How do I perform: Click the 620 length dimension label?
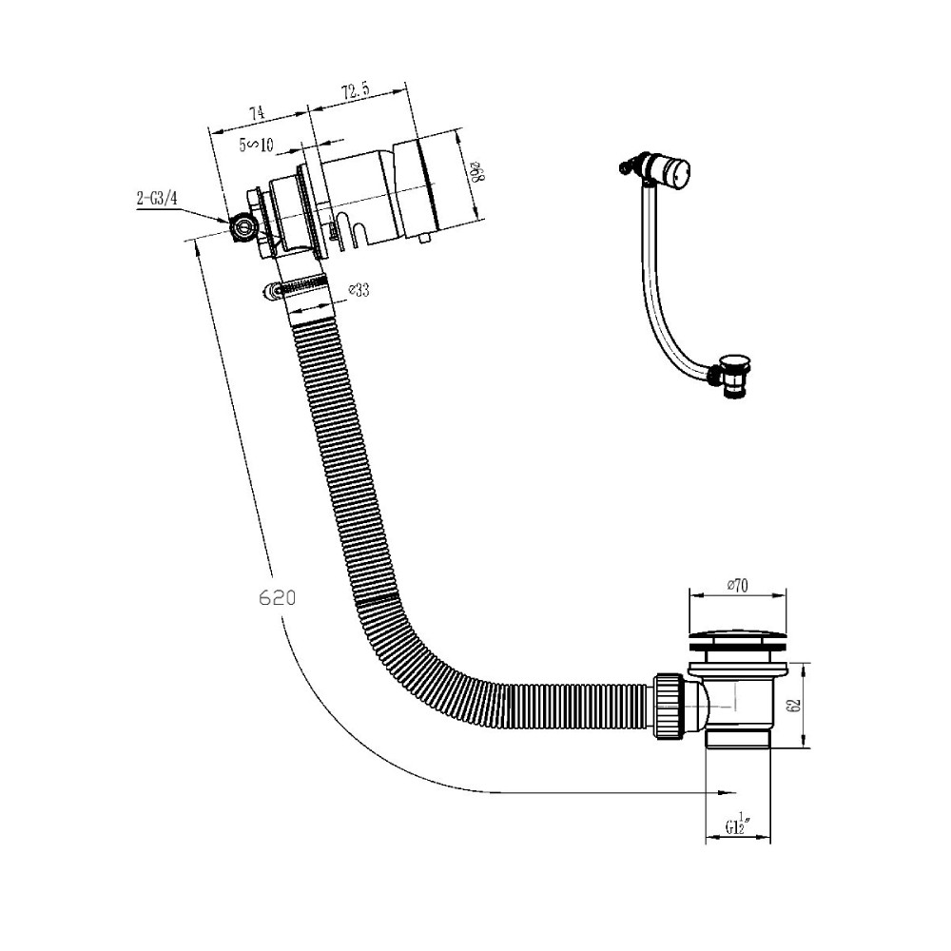tap(277, 597)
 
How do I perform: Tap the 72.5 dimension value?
tap(356, 91)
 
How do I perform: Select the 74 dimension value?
tap(257, 113)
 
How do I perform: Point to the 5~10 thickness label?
tap(257, 145)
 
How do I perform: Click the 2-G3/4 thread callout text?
tap(157, 199)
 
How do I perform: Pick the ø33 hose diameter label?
tap(359, 290)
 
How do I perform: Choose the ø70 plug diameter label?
tap(738, 585)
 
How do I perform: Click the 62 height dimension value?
tap(796, 706)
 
